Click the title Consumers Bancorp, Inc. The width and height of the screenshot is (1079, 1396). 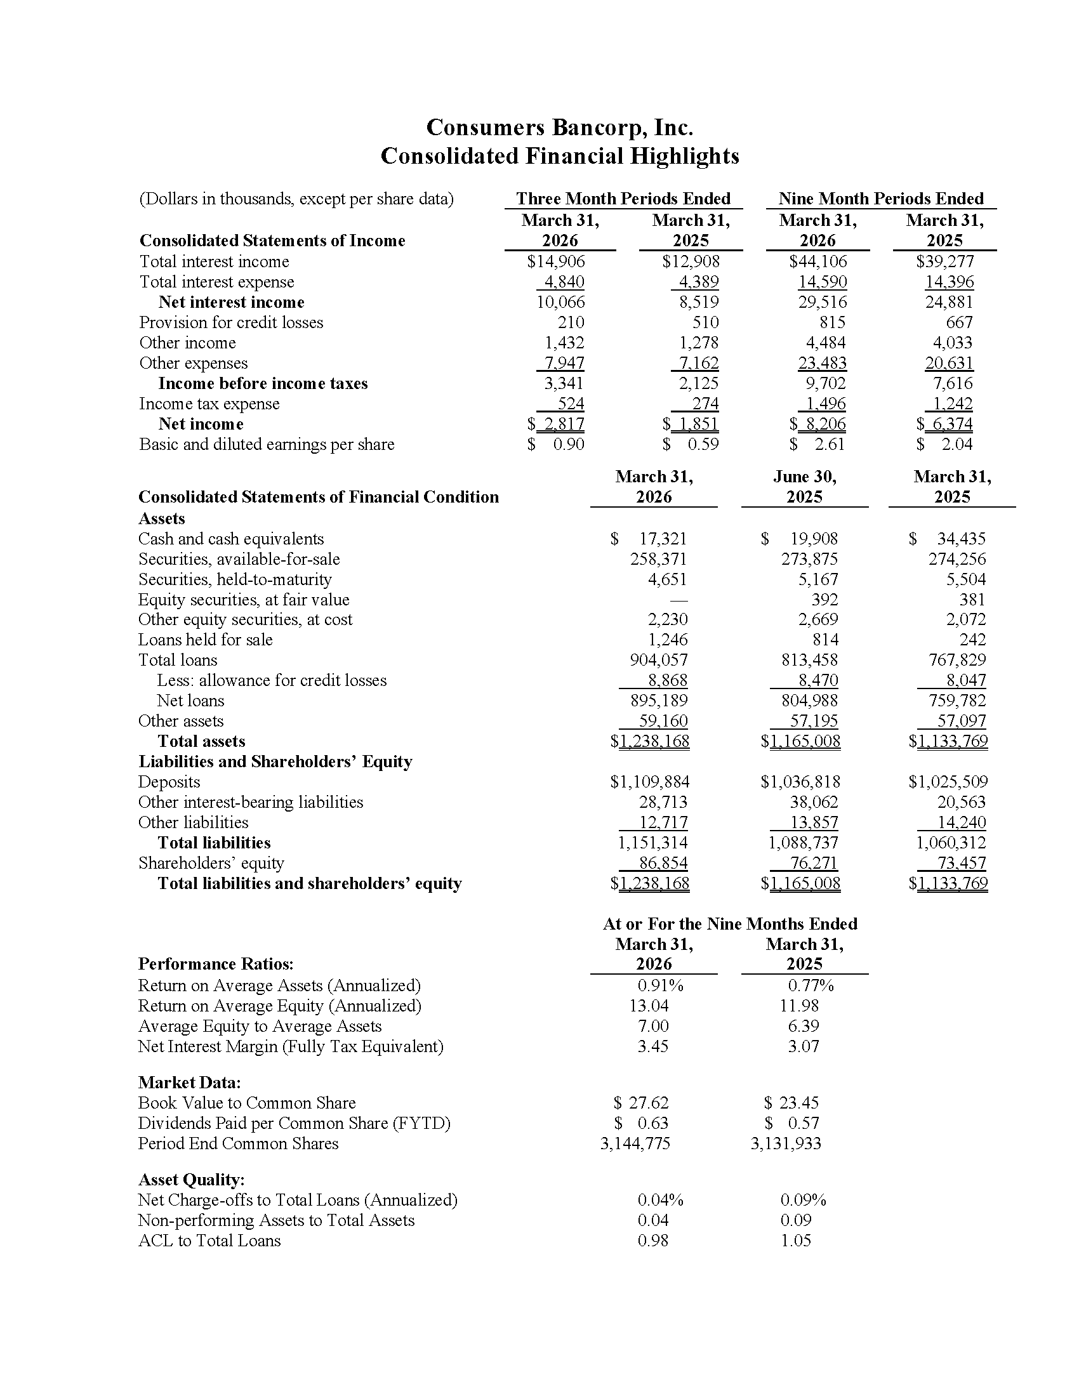point(559,128)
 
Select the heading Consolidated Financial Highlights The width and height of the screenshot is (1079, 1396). point(559,156)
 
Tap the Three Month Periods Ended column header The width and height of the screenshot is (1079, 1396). point(623,199)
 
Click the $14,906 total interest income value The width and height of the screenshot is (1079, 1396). point(555,261)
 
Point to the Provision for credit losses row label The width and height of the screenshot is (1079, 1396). point(232,322)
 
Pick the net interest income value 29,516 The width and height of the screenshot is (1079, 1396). point(822,302)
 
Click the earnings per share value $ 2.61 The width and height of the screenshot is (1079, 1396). point(818,444)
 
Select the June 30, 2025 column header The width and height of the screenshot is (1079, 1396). point(804,487)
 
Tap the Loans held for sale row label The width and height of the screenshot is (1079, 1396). point(205,640)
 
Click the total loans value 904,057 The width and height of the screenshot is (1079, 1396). point(659,660)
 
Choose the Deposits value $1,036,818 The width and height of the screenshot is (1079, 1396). point(800,782)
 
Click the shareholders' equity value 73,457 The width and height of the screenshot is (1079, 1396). point(962,863)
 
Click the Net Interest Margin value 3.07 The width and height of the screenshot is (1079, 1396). point(803,1046)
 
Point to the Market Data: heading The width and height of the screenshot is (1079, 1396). point(189,1082)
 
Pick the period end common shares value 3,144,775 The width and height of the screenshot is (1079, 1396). point(635,1143)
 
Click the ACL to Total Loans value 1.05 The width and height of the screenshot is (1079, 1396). point(796,1241)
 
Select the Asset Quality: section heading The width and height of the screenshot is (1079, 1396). point(192,1180)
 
